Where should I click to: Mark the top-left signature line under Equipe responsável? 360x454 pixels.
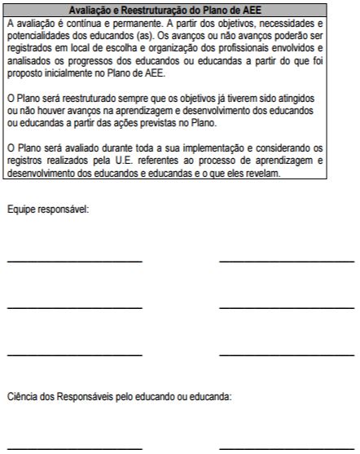point(74,261)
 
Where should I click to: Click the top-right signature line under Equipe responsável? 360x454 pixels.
point(287,261)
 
